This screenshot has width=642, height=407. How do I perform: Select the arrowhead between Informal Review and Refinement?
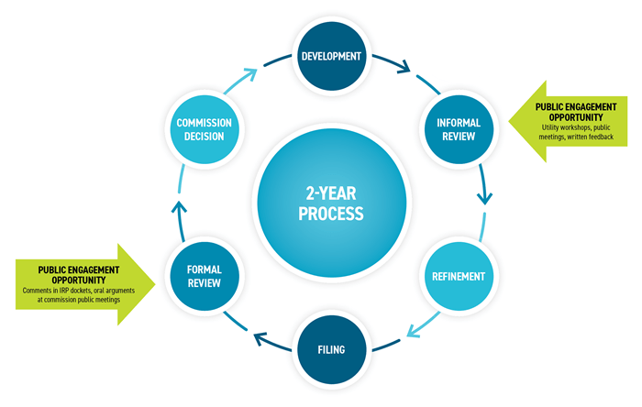486,197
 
